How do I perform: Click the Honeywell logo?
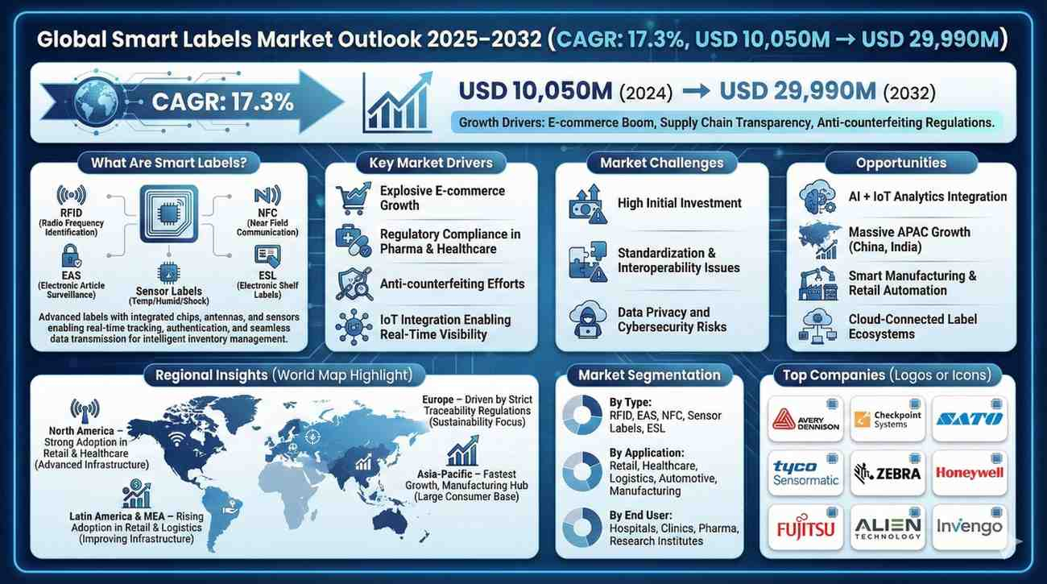coord(970,473)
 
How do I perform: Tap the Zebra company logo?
coord(888,473)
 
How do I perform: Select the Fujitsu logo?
coord(805,528)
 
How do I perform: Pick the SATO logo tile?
coord(970,419)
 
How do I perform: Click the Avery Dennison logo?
coord(805,419)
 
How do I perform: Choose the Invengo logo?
coord(970,527)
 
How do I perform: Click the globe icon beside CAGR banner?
coord(96,102)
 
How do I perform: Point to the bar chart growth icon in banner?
coord(397,102)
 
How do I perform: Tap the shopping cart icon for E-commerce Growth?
coord(354,198)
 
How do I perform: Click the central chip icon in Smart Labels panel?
coord(169,214)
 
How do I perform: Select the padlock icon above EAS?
coord(71,256)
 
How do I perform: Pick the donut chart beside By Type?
coord(582,415)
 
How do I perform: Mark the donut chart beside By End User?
coord(582,528)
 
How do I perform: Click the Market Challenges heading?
coord(661,163)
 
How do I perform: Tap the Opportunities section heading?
coord(901,163)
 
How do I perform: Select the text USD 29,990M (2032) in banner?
coord(827,91)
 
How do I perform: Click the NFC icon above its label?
coord(267,195)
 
